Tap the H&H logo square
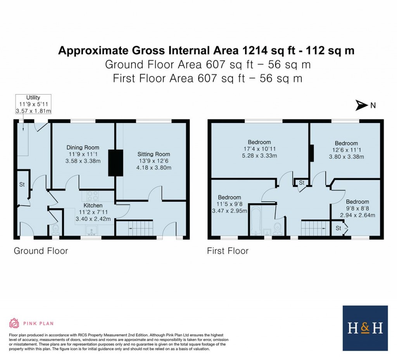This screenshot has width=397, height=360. pyautogui.click(x=365, y=328)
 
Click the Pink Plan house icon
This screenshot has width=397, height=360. pyautogui.click(x=14, y=323)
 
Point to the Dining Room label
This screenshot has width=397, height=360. pyautogui.click(x=83, y=147)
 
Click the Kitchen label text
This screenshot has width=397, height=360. pyautogui.click(x=93, y=205)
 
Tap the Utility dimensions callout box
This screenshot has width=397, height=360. pyautogui.click(x=33, y=104)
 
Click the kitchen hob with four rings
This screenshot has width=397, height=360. pyautogui.click(x=93, y=196)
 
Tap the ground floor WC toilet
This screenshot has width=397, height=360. pyautogui.click(x=55, y=229)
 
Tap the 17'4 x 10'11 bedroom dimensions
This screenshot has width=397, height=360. pyautogui.click(x=260, y=152)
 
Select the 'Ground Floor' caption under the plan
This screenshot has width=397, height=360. pyautogui.click(x=41, y=251)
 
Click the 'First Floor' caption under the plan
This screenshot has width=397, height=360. pyautogui.click(x=228, y=251)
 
